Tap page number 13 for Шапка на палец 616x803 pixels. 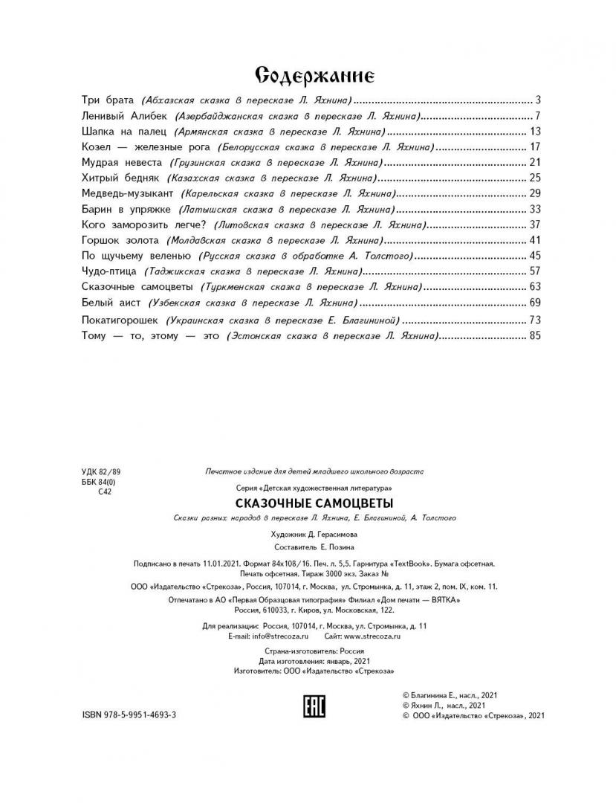tap(534, 131)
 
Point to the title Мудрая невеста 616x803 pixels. tap(122, 162)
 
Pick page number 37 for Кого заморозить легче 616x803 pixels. tap(534, 225)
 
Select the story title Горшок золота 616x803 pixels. tap(120, 240)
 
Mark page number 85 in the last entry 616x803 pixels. tap(534, 336)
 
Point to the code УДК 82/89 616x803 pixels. tap(100, 472)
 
